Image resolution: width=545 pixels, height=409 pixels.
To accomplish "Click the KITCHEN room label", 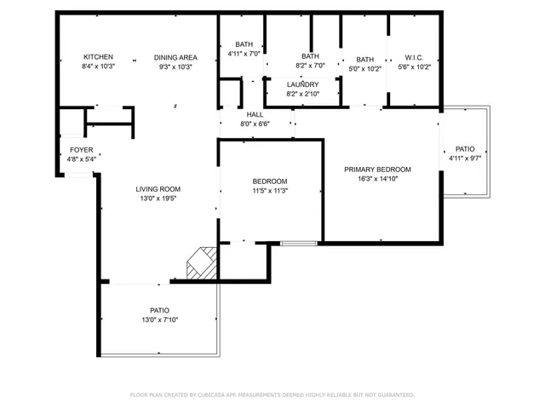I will [98, 57].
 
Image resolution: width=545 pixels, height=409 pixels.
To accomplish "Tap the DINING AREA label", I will [175, 57].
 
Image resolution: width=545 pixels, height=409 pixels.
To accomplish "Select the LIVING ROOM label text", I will [158, 189].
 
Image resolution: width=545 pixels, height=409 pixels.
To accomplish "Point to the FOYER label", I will [82, 150].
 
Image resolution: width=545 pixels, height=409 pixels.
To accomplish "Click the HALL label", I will [255, 114].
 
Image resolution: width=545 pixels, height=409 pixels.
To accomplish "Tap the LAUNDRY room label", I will [302, 84].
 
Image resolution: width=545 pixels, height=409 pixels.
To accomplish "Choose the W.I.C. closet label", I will [414, 58].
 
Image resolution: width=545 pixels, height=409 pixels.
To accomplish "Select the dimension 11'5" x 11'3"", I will [270, 191].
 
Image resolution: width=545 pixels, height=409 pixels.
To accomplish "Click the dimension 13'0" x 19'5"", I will [158, 199].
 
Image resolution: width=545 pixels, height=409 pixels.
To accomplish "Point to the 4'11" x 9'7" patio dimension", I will [465, 158].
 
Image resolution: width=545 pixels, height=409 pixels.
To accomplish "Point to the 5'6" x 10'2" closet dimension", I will [414, 66].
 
